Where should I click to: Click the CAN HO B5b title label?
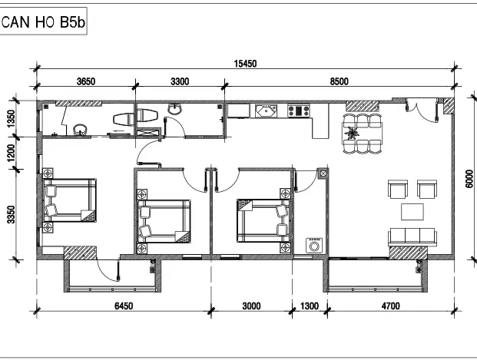point(43,22)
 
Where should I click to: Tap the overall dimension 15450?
point(245,64)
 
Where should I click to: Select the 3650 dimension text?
point(86,81)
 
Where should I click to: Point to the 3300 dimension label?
point(180,81)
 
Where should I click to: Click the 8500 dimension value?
point(340,81)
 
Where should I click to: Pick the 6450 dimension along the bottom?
point(124,306)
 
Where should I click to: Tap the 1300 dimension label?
point(310,306)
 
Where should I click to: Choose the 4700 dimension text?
point(391,306)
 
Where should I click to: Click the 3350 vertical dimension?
point(12,214)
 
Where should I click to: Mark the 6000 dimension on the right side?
point(469,179)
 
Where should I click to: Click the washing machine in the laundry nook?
point(314,245)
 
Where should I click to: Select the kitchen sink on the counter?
point(267,111)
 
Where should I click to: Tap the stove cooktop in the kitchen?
point(299,111)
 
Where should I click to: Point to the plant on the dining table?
point(352,133)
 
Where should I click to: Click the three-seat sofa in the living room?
point(412,237)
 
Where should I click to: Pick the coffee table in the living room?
point(412,212)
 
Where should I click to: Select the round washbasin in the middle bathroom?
point(174,109)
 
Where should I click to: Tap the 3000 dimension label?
point(251,306)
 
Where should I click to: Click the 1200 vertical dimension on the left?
point(12,153)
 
